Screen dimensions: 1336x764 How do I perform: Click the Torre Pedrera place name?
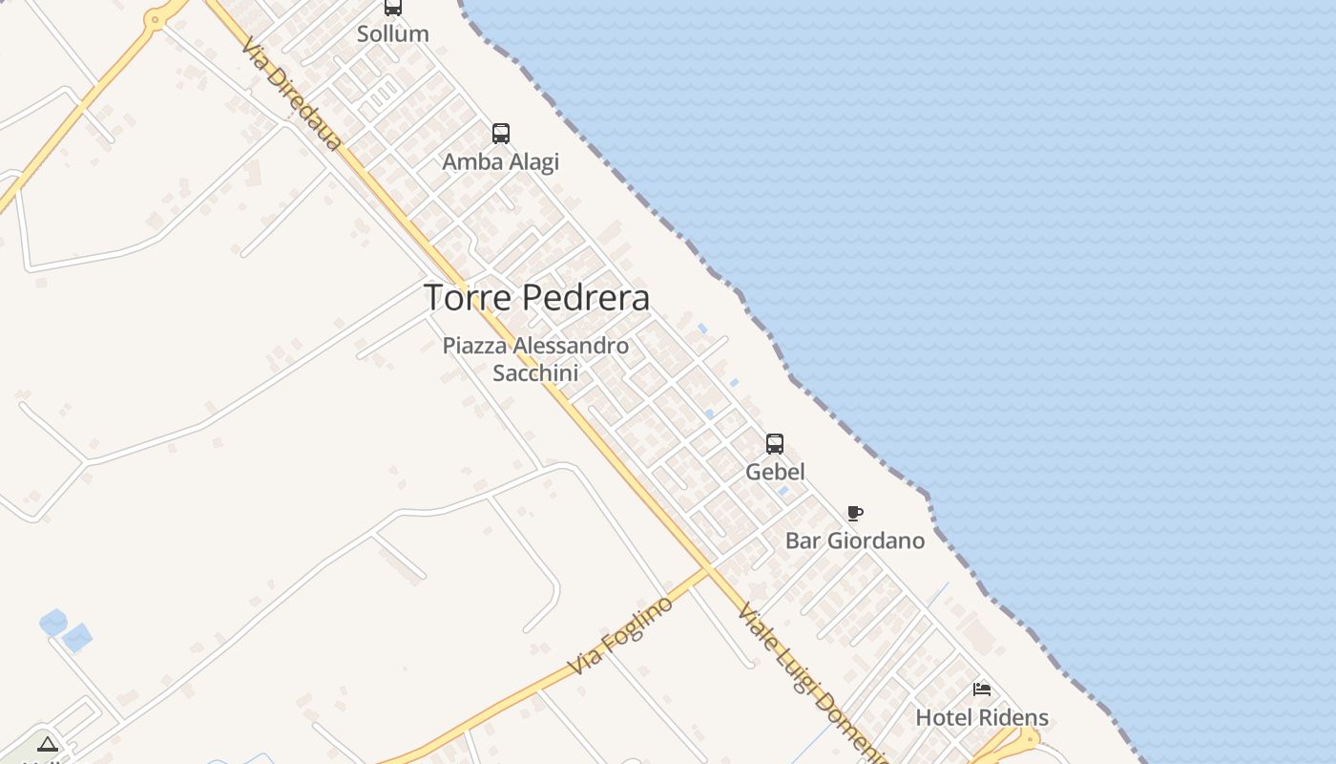point(536,298)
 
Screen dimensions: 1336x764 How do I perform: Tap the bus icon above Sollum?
point(392,8)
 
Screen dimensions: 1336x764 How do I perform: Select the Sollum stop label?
point(392,33)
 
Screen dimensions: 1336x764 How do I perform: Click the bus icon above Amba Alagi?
point(500,134)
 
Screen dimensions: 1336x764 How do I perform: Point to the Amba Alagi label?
point(500,161)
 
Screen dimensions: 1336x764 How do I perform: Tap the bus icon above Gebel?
point(775,444)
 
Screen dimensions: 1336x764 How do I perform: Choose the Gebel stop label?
point(775,472)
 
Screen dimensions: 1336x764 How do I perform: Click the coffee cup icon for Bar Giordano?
point(855,514)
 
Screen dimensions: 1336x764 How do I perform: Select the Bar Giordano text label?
point(855,541)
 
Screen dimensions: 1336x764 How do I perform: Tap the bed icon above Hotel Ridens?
point(982,690)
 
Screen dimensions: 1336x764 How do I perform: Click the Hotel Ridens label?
point(982,717)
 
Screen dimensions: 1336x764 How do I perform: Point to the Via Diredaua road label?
point(291,94)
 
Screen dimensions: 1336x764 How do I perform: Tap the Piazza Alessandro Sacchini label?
point(535,358)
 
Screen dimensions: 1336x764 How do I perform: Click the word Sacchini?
point(535,372)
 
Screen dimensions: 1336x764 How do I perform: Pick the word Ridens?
point(1015,717)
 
